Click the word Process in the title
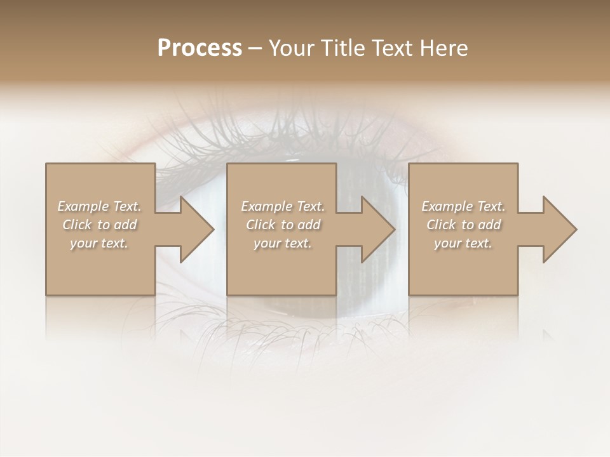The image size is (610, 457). pyautogui.click(x=200, y=48)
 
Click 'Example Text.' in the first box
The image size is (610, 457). pyautogui.click(x=99, y=206)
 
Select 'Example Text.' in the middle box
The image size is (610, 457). pyautogui.click(x=283, y=206)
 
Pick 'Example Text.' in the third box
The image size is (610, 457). pyautogui.click(x=463, y=206)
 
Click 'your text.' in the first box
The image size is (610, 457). pyautogui.click(x=99, y=243)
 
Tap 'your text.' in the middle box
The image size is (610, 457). pyautogui.click(x=283, y=243)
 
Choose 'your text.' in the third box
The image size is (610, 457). pyautogui.click(x=463, y=243)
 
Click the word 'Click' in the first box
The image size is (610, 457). pyautogui.click(x=77, y=225)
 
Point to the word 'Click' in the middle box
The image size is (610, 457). pyautogui.click(x=261, y=225)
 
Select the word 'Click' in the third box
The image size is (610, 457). pyautogui.click(x=441, y=225)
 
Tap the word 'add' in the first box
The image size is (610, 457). pyautogui.click(x=126, y=225)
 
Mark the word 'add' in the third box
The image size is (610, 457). pyautogui.click(x=490, y=225)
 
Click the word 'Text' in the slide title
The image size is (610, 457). pyautogui.click(x=390, y=48)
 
